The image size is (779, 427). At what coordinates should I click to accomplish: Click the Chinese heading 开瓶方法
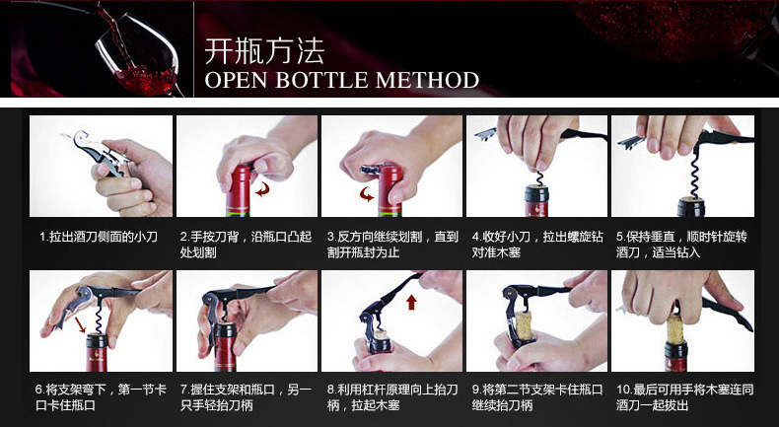coord(264,50)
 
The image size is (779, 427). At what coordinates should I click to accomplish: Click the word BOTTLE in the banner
coord(320,80)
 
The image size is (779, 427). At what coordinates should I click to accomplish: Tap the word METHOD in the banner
coord(427,80)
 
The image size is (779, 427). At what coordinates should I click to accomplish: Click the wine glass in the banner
coord(139,54)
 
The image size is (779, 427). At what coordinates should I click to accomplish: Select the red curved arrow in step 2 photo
coord(262,189)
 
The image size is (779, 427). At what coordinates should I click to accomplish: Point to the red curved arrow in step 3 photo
coord(367,194)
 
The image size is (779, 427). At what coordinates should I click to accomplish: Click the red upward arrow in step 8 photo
coord(411,302)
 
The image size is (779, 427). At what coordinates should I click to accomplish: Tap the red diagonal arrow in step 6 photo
coord(80,325)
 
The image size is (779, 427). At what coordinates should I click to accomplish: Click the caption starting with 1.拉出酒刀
coord(99,237)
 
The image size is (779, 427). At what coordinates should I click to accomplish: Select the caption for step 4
coord(537,245)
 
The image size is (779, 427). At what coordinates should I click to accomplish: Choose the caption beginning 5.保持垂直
coord(681,245)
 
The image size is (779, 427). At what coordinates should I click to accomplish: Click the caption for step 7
coord(246,397)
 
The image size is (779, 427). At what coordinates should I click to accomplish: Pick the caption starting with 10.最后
coord(684,397)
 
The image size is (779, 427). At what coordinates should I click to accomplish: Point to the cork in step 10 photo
coord(674,328)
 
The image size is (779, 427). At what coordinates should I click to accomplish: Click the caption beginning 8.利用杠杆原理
coord(392,397)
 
